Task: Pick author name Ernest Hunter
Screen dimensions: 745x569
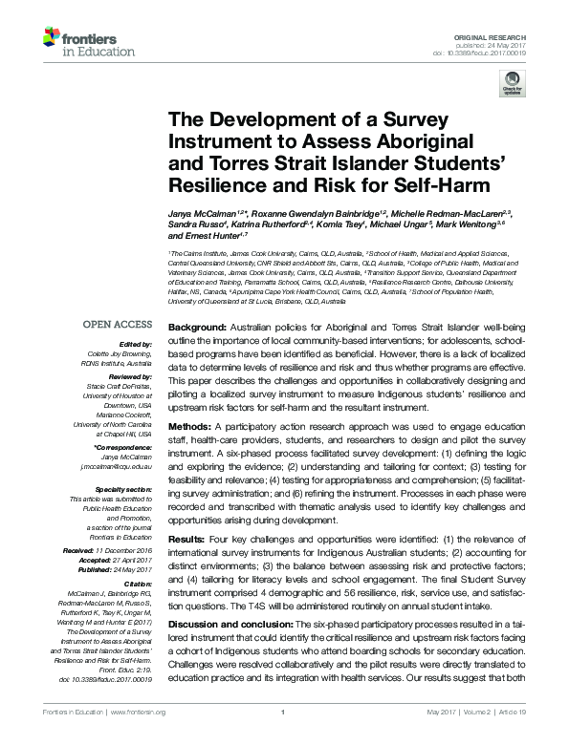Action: (x=200, y=234)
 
